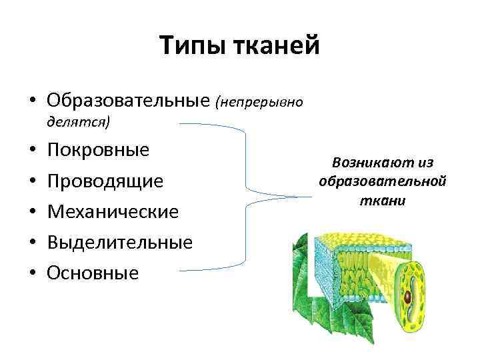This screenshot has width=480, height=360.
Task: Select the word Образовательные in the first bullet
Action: pos(129,101)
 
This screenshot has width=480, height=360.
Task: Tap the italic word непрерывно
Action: pos(260,102)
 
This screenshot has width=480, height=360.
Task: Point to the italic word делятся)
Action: pos(79,121)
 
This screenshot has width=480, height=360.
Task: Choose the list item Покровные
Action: pos(99,149)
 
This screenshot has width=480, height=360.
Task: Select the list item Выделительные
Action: pos(120,242)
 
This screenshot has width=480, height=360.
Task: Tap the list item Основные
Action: pos(93,273)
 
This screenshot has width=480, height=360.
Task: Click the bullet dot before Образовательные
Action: pos(31,101)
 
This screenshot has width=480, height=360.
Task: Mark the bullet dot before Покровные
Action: pos(31,149)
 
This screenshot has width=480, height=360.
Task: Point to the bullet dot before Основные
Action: pos(31,273)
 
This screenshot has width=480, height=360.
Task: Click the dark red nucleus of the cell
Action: pos(406,296)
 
